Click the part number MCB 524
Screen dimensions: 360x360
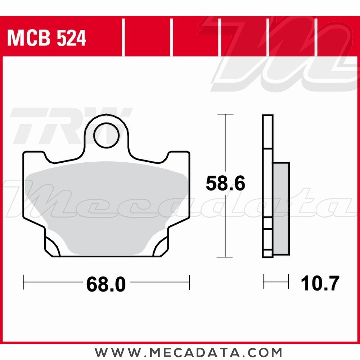pos(47,39)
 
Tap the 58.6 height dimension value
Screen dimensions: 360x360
pos(225,184)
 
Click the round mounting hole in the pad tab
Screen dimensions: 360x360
pos(106,135)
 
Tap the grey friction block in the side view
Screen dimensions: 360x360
pos(281,209)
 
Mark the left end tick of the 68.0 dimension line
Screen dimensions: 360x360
pos(23,282)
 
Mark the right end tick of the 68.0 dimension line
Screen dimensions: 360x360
pos(189,282)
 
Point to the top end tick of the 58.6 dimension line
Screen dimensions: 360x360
pos(225,114)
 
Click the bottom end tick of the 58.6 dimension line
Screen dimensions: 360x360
pos(225,257)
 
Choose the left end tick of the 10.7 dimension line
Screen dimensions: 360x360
pos(264,281)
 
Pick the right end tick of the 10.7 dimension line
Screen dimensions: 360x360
pos(288,281)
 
